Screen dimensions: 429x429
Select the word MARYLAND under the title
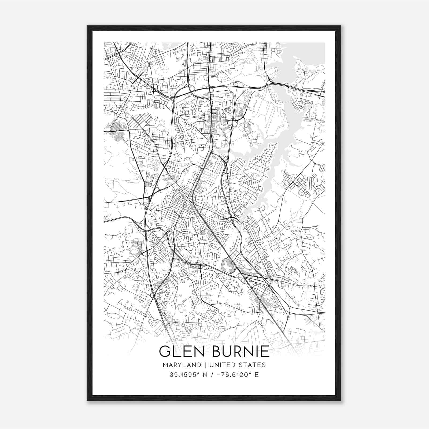182,365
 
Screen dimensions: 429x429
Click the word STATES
253,365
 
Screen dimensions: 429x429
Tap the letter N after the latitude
206,375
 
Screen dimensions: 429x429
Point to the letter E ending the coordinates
257,375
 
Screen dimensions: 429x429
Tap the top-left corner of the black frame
88,26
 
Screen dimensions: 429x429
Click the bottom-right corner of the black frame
341,400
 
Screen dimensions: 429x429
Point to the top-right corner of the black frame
341,26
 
